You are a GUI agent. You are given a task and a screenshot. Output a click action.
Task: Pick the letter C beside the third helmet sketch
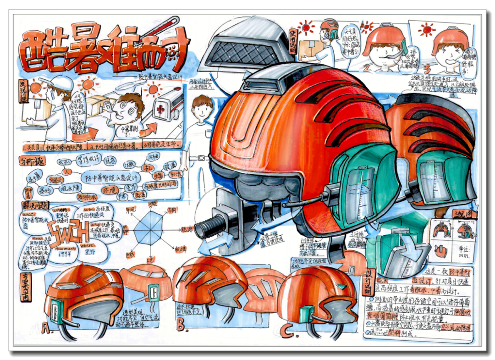pyautogui.click(x=287, y=330)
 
